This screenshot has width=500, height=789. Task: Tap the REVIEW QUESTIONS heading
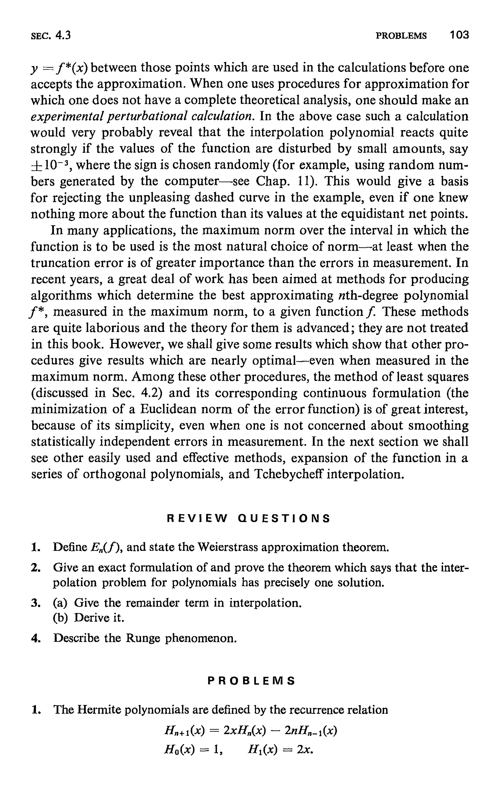248,519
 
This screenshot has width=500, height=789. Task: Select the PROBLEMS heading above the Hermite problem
251,681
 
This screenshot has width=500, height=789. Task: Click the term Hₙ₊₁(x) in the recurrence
185,730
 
